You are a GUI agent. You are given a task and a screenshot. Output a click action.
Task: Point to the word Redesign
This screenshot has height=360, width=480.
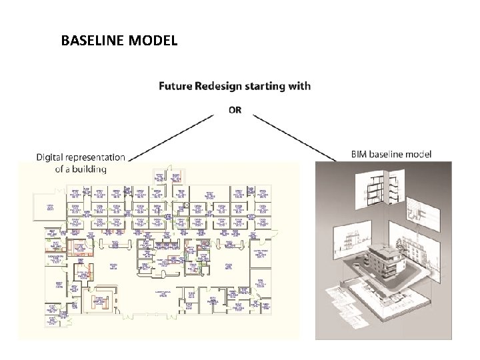coord(222,86)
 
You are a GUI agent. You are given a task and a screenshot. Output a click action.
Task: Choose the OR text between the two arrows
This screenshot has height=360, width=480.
coord(235,109)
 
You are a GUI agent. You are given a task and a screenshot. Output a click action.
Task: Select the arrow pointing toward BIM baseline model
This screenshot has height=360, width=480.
coord(296,136)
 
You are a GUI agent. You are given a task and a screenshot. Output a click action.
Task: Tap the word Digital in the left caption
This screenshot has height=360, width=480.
coord(51,157)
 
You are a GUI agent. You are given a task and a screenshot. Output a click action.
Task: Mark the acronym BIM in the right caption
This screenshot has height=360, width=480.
coord(359,154)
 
